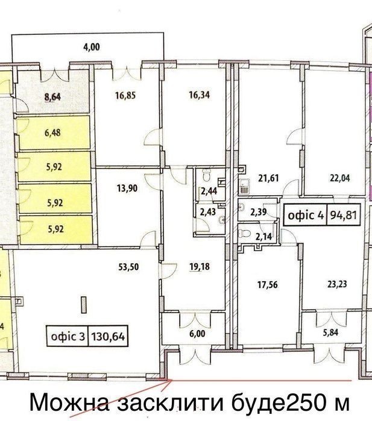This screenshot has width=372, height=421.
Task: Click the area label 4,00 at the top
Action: pyautogui.click(x=92, y=47)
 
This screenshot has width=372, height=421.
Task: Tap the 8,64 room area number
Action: pyautogui.click(x=52, y=97)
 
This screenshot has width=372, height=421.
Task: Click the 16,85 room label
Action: pyautogui.click(x=125, y=95)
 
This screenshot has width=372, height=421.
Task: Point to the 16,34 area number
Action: pyautogui.click(x=200, y=95)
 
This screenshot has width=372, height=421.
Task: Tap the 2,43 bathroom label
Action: pyautogui.click(x=208, y=212)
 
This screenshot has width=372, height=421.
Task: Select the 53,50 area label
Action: pyautogui.click(x=129, y=267)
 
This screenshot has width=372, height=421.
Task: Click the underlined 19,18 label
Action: pyautogui.click(x=200, y=267)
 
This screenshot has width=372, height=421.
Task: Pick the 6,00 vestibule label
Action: pyautogui.click(x=197, y=334)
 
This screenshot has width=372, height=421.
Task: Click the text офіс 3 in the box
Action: pyautogui.click(x=68, y=336)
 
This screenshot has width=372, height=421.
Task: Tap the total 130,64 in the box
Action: pyautogui.click(x=108, y=336)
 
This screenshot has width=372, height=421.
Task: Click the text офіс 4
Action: pyautogui.click(x=306, y=215)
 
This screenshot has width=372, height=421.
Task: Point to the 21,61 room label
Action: pyautogui.click(x=268, y=178)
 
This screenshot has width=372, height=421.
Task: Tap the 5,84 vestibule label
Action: pyautogui.click(x=330, y=332)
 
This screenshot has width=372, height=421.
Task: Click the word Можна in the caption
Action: pyautogui.click(x=69, y=403)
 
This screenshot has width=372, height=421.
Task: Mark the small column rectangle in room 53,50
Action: pyautogui.click(x=84, y=305)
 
